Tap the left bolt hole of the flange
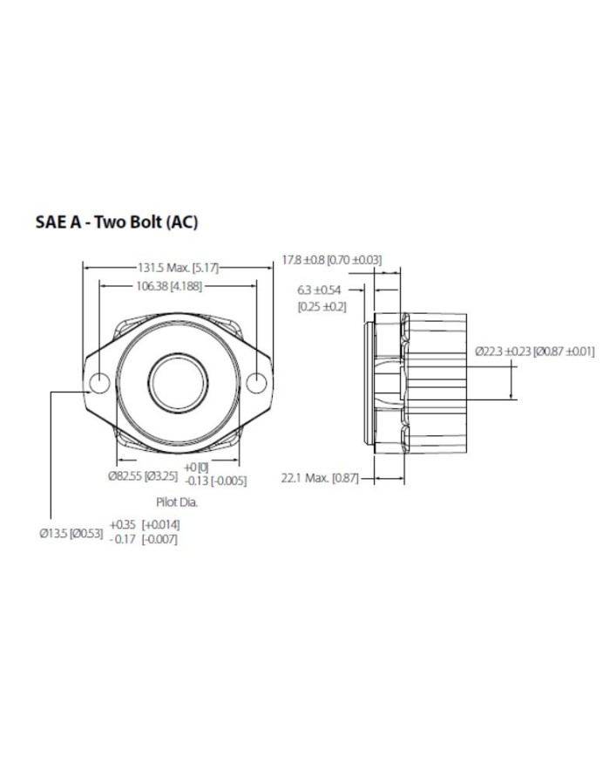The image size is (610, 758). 99,383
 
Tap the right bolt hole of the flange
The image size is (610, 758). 256,383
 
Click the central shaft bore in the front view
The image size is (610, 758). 178,383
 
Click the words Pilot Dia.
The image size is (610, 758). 178,503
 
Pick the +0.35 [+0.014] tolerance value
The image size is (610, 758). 145,525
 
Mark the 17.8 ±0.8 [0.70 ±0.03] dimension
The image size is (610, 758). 331,259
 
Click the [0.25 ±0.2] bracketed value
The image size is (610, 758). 322,306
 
